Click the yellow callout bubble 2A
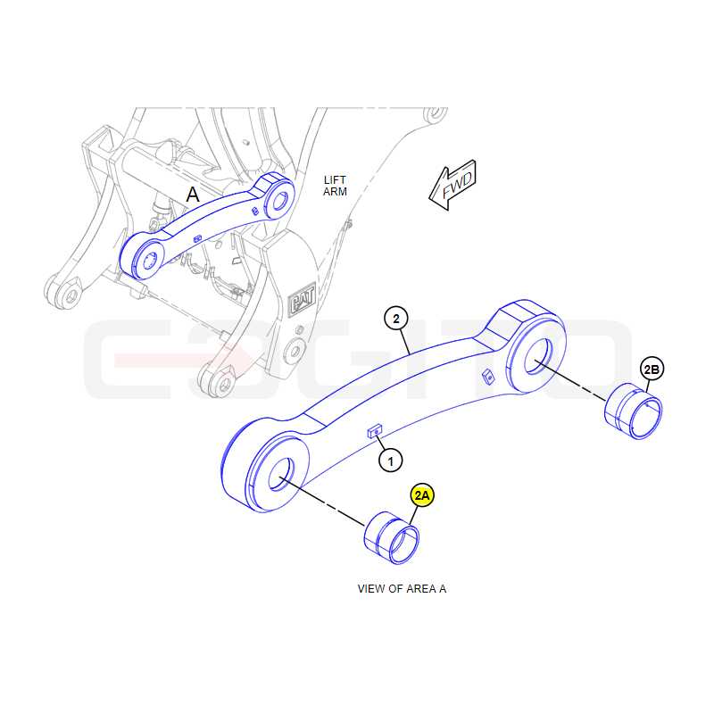(422, 495)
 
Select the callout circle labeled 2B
(652, 369)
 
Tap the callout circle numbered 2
(396, 319)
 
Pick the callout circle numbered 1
(391, 461)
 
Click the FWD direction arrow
(453, 186)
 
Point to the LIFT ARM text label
(336, 186)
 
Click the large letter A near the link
(193, 195)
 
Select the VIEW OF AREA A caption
(402, 589)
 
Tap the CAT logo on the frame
(303, 298)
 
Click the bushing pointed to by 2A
(392, 538)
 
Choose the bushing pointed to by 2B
(634, 411)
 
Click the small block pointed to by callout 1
(375, 430)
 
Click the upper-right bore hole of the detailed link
(538, 356)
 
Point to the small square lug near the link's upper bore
(488, 377)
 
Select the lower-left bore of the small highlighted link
(149, 261)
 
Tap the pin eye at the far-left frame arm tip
(71, 295)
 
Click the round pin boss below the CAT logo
(295, 351)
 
